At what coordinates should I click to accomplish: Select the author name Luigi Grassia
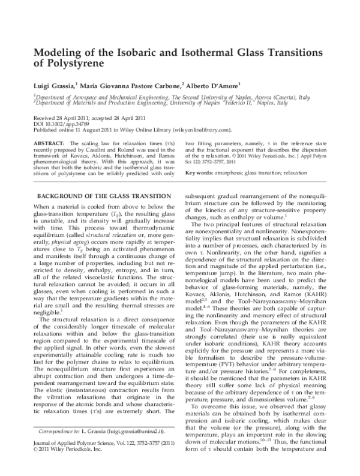pos(53,85)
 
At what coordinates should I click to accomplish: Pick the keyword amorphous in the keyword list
pos(232,173)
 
